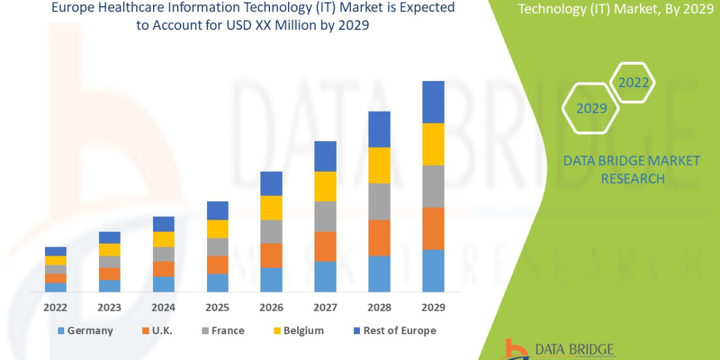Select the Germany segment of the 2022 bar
55,287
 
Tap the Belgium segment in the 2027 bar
325,186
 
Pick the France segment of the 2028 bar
379,201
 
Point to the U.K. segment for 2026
271,255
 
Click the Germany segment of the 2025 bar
217,283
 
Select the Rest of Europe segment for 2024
163,224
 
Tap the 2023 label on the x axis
109,308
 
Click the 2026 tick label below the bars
271,308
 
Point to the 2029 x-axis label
433,308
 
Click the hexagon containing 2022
633,83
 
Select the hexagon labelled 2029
590,109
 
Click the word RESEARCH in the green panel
632,179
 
